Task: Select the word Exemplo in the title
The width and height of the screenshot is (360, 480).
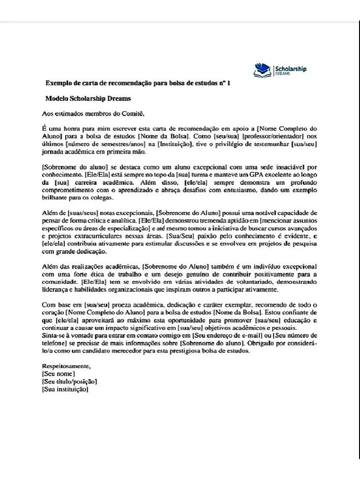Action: click(x=57, y=83)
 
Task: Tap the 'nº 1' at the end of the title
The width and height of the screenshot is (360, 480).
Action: click(x=225, y=83)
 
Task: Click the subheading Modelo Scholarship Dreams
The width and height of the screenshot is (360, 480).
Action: click(x=88, y=98)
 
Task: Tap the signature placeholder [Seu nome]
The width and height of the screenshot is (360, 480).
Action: click(x=58, y=374)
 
